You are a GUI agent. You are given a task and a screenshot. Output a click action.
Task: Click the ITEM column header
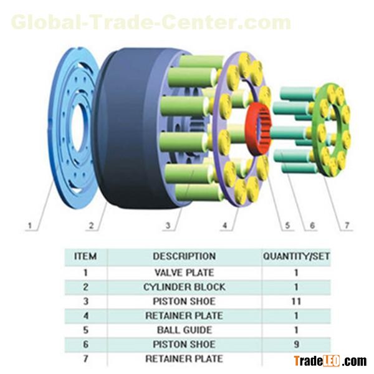coord(85,256)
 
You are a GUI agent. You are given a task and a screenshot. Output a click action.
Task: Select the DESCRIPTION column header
coord(184,256)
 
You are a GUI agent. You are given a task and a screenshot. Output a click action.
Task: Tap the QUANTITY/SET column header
coord(296,256)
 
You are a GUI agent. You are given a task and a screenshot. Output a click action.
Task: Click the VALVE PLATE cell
coord(184,272)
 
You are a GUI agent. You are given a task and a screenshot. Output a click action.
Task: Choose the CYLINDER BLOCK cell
coord(184,287)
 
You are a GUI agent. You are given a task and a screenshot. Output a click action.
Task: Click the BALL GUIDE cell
coord(184,330)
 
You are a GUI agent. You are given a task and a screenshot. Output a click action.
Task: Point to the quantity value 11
coord(296,301)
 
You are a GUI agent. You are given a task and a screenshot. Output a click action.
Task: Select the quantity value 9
coord(296,344)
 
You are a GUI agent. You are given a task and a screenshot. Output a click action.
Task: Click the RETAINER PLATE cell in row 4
coord(184,315)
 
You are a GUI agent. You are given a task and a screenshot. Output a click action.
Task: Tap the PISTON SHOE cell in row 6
coord(184,344)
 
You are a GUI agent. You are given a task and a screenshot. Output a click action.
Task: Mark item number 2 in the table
coord(85,287)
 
